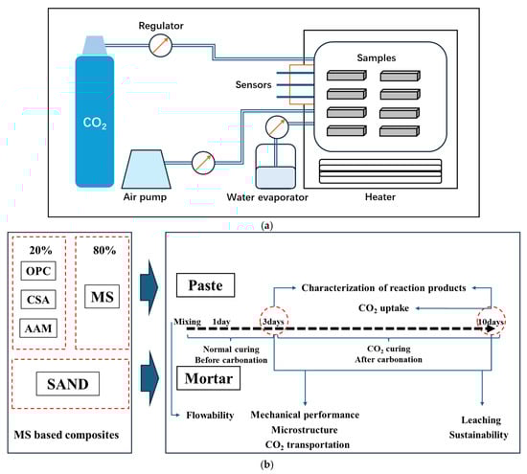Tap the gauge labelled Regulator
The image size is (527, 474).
[160, 45]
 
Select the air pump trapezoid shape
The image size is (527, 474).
[147, 169]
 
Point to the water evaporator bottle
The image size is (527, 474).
[276, 167]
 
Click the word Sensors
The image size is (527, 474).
[253, 84]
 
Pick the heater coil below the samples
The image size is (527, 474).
[380, 171]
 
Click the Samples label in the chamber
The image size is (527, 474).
[377, 57]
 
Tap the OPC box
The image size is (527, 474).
[38, 271]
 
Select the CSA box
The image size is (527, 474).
[38, 300]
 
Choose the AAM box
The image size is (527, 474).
[38, 328]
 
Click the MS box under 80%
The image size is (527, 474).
[103, 297]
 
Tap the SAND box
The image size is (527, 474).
[68, 384]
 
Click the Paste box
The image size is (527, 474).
[205, 285]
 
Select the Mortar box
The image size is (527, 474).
[208, 378]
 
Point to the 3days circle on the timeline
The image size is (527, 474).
[274, 321]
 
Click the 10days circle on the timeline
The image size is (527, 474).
[492, 321]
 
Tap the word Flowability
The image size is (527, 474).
[210, 416]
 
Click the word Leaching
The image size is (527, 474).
[481, 420]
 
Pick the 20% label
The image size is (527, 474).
[40, 250]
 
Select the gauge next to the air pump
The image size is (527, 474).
[203, 163]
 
